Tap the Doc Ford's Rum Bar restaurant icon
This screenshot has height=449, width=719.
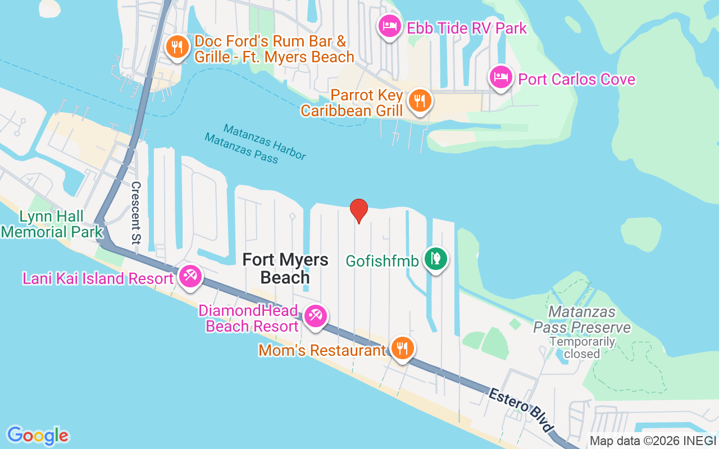pyautogui.click(x=177, y=47)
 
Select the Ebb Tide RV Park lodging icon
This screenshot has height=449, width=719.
pyautogui.click(x=389, y=25)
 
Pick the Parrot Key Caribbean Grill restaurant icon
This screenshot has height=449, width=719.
pyautogui.click(x=419, y=100)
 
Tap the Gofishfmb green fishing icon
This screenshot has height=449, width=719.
pyautogui.click(x=436, y=259)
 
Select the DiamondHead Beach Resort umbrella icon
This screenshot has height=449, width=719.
pyautogui.click(x=315, y=316)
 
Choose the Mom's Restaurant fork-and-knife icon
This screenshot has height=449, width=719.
pyautogui.click(x=402, y=348)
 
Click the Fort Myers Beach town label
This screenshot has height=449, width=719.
pyautogui.click(x=285, y=268)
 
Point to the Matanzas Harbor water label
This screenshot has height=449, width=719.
pyautogui.click(x=265, y=142)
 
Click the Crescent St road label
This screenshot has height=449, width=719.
pyautogui.click(x=136, y=213)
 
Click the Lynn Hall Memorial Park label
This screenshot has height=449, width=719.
pyautogui.click(x=52, y=224)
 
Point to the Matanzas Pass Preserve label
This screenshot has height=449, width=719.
pyautogui.click(x=582, y=319)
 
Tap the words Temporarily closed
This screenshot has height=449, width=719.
pyautogui.click(x=582, y=347)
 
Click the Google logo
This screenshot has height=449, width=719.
pyautogui.click(x=38, y=435)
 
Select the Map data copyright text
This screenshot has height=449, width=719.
pyautogui.click(x=652, y=441)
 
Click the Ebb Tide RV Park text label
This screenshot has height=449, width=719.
pyautogui.click(x=467, y=28)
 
